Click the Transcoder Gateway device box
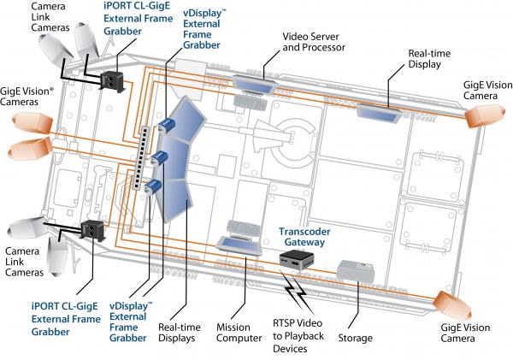[x=297, y=260]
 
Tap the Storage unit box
[x=356, y=271]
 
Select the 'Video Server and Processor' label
[x=314, y=42]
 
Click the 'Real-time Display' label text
[x=429, y=59]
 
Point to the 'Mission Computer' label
[x=239, y=333]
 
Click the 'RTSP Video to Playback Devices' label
[x=298, y=336]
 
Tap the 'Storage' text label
[x=356, y=338]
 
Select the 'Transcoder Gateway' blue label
[x=304, y=237]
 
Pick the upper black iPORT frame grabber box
[x=113, y=81]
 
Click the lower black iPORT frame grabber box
[x=93, y=230]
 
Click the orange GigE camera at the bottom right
[x=453, y=305]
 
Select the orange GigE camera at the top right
[x=485, y=115]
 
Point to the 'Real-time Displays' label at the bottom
[x=180, y=333]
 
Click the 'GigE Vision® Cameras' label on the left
[x=27, y=97]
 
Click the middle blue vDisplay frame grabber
[x=159, y=158]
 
